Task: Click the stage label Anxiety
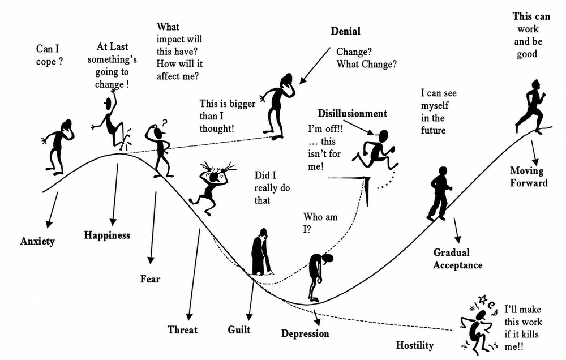click(x=37, y=241)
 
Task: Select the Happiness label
click(x=107, y=235)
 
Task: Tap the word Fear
click(x=150, y=278)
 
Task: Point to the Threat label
click(x=182, y=329)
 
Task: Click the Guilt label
click(x=239, y=329)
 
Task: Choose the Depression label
click(x=305, y=333)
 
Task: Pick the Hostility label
click(x=415, y=345)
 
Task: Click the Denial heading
click(x=345, y=31)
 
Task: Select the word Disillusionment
click(x=352, y=113)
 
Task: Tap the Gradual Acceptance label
click(x=457, y=259)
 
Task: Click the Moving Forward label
click(x=529, y=177)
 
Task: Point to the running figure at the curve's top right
click(x=530, y=107)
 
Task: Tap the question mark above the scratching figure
click(x=165, y=123)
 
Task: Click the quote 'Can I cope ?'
click(x=49, y=55)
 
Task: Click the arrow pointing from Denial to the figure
click(x=315, y=65)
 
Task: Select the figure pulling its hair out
click(x=213, y=187)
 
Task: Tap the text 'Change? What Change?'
click(x=366, y=58)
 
